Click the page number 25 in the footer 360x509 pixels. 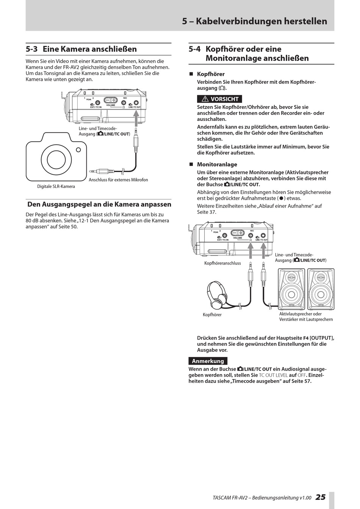320,497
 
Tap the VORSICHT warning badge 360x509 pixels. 220,99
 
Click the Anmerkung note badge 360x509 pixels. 208,361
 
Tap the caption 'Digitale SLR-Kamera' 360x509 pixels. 56,186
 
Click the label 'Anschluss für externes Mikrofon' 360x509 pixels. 118,180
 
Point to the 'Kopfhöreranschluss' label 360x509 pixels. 222,263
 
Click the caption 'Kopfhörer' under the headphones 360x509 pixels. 212,315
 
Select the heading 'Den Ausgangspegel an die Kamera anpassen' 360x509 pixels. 99,204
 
